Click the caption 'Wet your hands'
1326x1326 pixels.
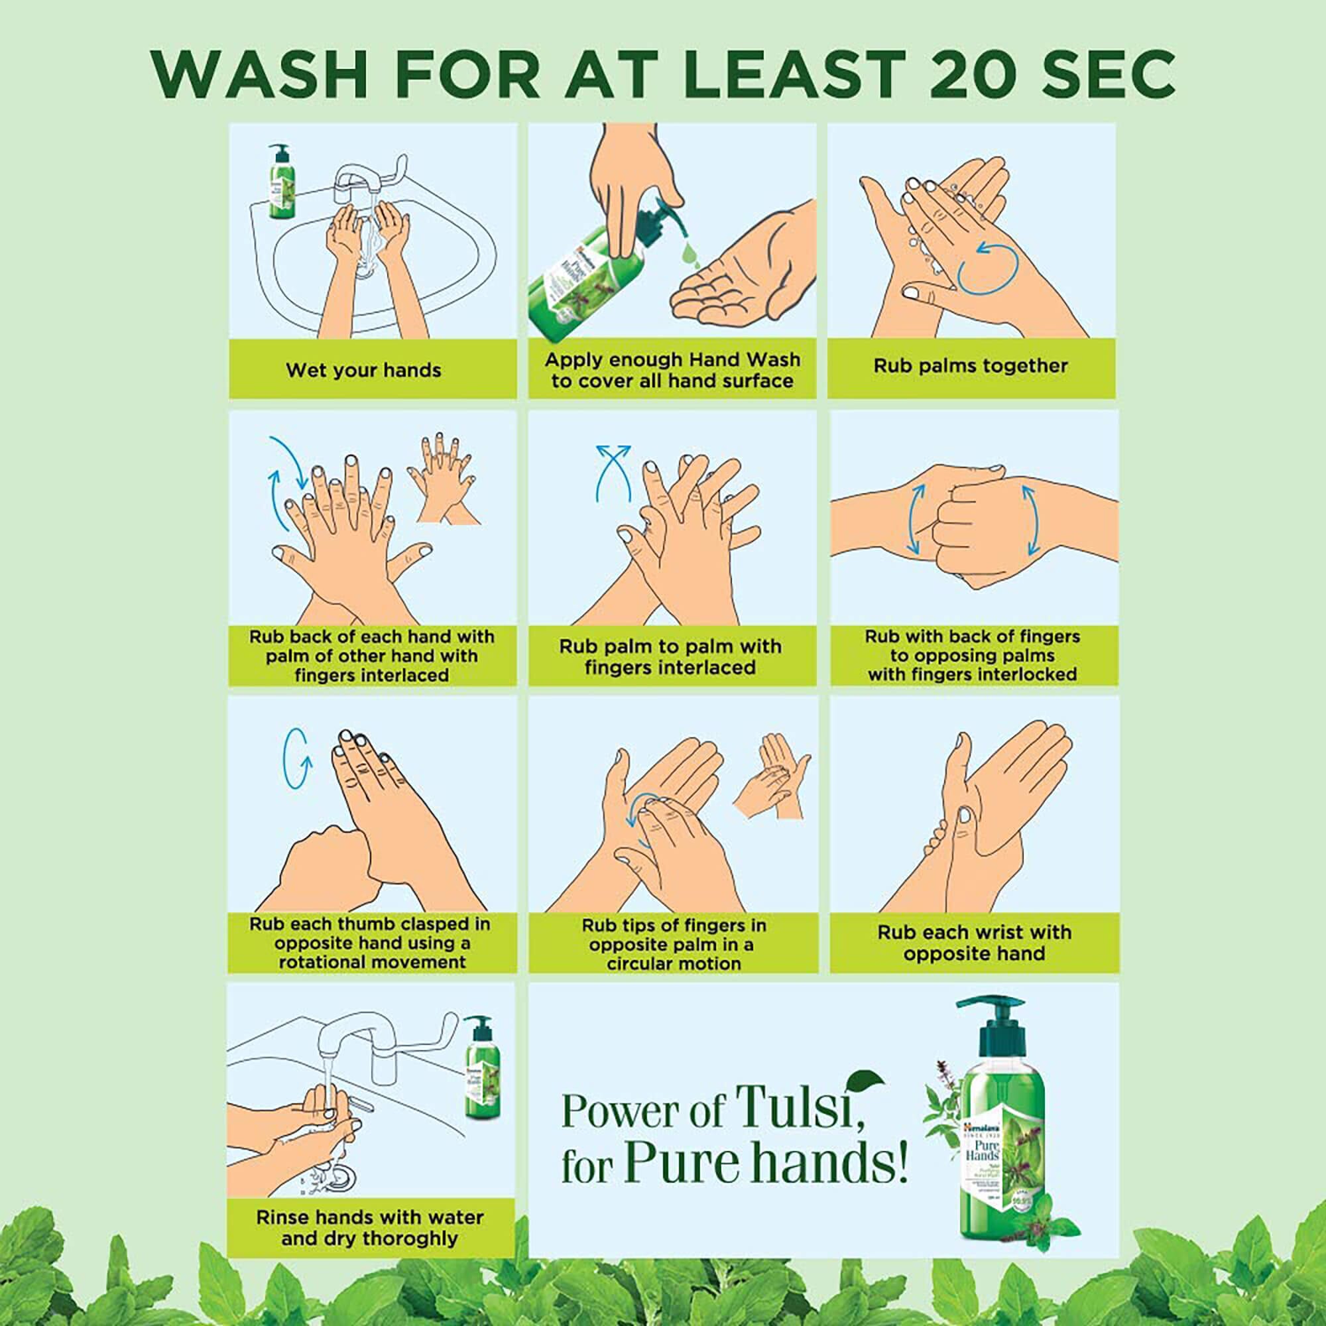[363, 371]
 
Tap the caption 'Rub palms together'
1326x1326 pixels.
[970, 366]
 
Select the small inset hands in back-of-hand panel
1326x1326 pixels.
[440, 481]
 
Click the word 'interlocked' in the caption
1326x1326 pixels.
[1022, 675]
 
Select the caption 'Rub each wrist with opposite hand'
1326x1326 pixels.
[973, 942]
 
